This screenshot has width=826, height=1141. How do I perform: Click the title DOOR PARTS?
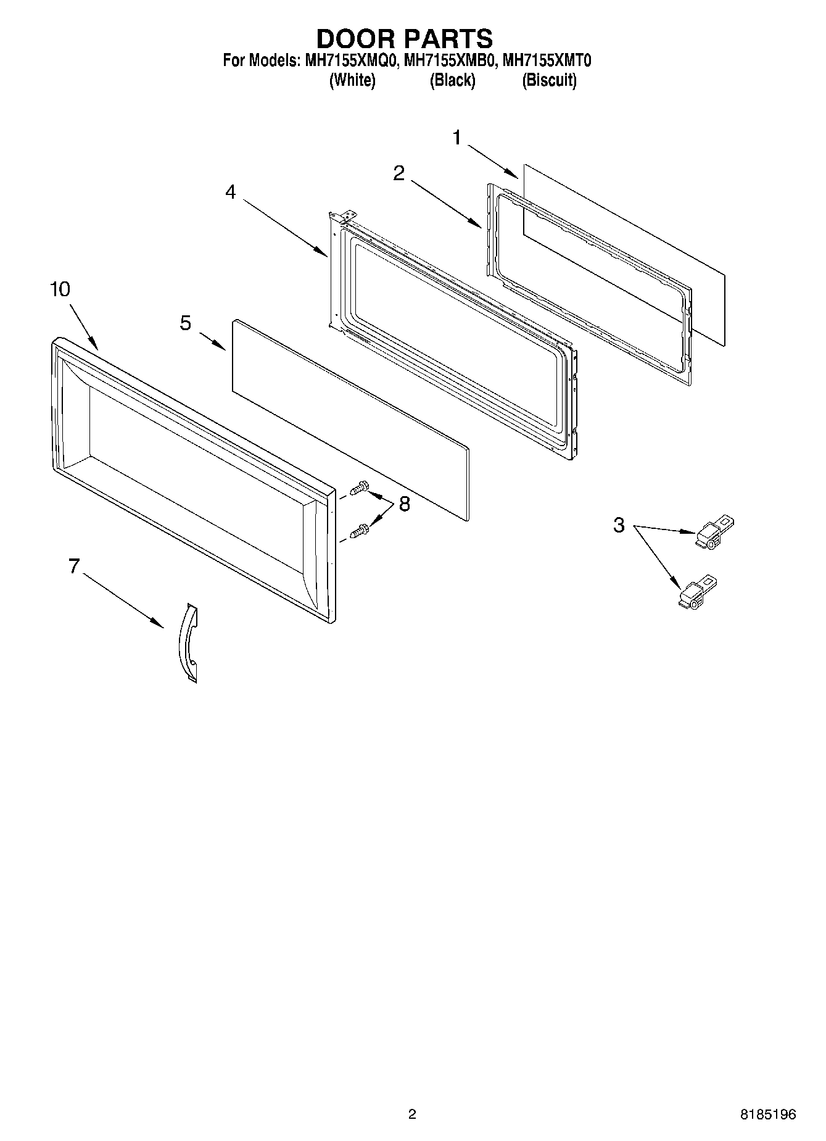click(x=405, y=38)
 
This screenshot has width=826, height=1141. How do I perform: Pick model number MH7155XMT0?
click(x=547, y=61)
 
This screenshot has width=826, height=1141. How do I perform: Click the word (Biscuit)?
click(x=549, y=80)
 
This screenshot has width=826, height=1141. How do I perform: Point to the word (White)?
click(x=352, y=80)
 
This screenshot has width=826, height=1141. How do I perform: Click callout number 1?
click(x=456, y=138)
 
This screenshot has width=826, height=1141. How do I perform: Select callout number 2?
click(x=399, y=174)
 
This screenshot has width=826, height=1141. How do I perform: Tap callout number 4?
click(x=230, y=193)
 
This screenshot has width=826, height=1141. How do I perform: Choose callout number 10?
click(x=60, y=289)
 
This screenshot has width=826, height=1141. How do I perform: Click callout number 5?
click(x=186, y=323)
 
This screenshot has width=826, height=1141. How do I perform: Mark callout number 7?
click(x=74, y=566)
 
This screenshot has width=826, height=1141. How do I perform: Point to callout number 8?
click(x=404, y=505)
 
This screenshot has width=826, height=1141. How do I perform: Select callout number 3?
click(x=619, y=526)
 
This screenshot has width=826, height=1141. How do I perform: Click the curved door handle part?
click(x=187, y=643)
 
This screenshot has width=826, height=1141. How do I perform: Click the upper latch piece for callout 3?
click(x=714, y=532)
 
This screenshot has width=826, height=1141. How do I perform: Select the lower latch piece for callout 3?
click(x=696, y=593)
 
